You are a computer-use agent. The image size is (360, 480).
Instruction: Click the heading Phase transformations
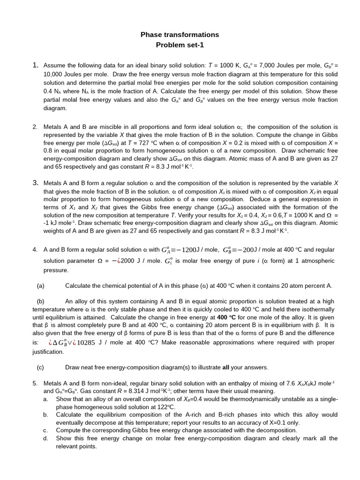tap(180, 35)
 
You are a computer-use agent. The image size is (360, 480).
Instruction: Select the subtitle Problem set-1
tap(180, 45)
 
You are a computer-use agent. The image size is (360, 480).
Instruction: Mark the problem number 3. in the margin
tap(35, 183)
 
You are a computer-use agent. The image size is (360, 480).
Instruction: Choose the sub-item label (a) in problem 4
tap(40, 285)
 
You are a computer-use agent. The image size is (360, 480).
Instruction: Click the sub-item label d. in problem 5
tap(46, 438)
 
